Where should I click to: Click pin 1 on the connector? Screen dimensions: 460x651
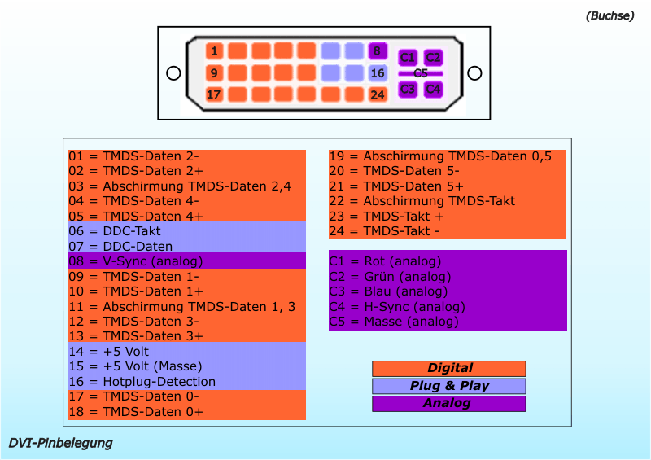[214, 51]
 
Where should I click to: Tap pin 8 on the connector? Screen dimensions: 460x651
[377, 51]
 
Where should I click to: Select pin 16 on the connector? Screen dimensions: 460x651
[377, 73]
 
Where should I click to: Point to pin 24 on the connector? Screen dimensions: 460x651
[377, 94]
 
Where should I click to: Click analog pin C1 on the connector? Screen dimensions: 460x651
[408, 58]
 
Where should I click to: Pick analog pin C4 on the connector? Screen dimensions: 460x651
[433, 89]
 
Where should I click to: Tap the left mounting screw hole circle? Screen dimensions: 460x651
[173, 73]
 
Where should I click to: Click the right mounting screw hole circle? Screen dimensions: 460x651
[474, 73]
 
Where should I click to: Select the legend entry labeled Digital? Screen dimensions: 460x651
[449, 369]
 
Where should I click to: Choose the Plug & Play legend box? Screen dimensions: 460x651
[449, 386]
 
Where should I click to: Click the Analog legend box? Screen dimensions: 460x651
[449, 404]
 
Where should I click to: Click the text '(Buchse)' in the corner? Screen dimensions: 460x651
[609, 15]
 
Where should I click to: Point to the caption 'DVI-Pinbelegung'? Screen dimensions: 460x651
[61, 444]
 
